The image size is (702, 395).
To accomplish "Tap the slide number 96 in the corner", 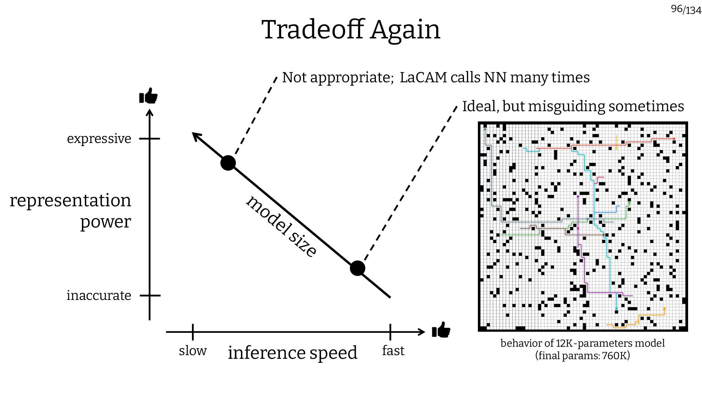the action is coord(676,9).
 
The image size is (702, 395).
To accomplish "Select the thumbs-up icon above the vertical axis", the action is coord(148,97).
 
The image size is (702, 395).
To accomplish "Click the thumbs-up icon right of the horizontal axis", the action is coord(441,330).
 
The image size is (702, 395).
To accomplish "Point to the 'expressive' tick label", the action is coord(99,139).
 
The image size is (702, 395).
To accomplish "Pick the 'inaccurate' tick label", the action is coord(99,295).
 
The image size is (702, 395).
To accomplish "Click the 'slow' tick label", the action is coord(193,350).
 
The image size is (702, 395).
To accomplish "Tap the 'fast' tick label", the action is coord(393,350).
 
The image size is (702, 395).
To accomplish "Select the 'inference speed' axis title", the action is coord(292,353).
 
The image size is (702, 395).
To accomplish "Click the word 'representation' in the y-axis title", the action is coord(70,200).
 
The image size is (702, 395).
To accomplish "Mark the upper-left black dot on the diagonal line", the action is coord(228,163).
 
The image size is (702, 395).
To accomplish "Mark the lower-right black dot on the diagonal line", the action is coord(358,268).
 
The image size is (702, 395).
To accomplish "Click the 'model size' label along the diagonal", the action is coord(281,227).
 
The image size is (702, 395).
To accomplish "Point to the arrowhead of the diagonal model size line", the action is coord(195,135).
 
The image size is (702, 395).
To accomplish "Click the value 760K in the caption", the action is coord(614,355).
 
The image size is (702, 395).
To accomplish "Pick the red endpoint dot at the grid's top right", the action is coord(674,139).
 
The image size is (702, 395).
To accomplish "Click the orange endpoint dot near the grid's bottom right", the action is coord(664,309).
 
